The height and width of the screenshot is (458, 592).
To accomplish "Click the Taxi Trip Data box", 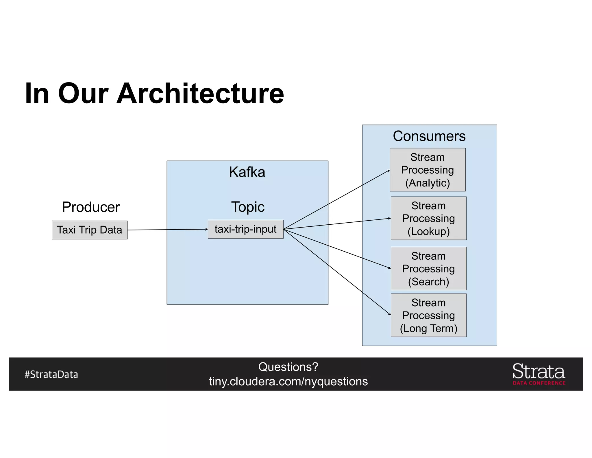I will (90, 230).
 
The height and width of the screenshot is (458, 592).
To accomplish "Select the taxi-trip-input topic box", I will (245, 229).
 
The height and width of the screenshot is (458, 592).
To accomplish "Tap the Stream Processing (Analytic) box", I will (428, 170).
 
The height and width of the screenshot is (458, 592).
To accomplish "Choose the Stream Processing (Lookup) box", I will (428, 218).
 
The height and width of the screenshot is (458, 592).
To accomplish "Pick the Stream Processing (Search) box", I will (428, 268).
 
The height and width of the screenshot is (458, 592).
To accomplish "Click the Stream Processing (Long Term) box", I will (428, 315).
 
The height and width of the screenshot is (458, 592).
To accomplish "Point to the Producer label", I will (91, 207).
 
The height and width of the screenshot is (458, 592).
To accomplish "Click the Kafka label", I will (247, 172).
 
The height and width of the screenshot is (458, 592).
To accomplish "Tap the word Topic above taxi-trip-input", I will (248, 207).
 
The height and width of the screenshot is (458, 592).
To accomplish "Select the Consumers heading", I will (429, 136).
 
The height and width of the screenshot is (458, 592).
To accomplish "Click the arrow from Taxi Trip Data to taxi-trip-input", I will (168, 230).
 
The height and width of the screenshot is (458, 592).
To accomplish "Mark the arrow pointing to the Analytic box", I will (337, 199).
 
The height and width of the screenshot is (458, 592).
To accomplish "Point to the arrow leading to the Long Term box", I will (337, 272).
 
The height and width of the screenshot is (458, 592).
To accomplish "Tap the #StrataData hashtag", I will (51, 374).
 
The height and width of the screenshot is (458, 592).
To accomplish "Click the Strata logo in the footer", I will (539, 371).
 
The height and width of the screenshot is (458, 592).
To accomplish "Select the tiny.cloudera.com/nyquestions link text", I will (288, 382).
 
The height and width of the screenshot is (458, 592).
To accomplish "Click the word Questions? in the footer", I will (288, 367).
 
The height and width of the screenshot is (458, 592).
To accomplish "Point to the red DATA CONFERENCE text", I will (539, 383).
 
